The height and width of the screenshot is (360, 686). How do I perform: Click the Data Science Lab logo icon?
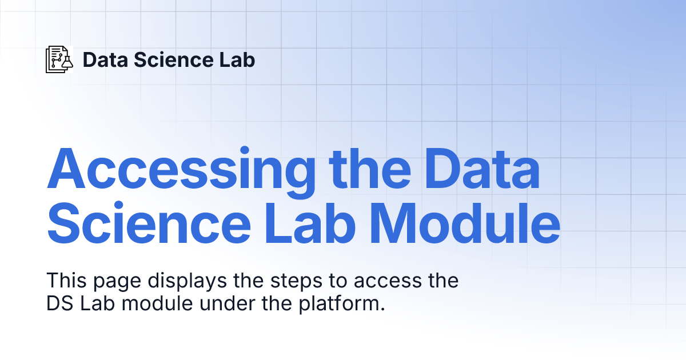pyautogui.click(x=59, y=59)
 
